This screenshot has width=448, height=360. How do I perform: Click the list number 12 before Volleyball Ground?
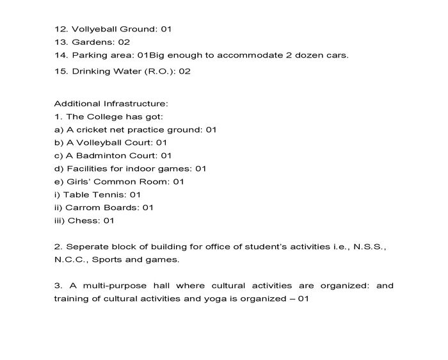coord(60,29)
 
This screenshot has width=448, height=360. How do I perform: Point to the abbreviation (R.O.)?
coord(159,71)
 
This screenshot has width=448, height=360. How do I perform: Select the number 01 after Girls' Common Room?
coord(179,181)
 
